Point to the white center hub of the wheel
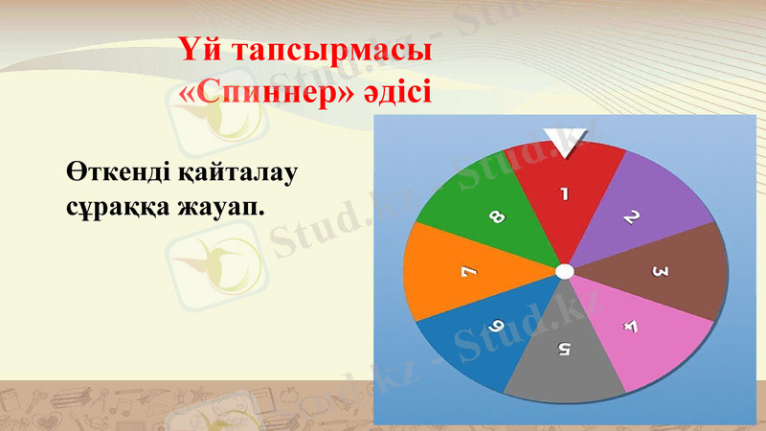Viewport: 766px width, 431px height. tap(564, 272)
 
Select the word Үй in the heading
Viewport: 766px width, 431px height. tap(198, 51)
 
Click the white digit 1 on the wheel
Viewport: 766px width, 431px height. tap(564, 193)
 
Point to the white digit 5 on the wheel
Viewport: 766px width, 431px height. tap(564, 348)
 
